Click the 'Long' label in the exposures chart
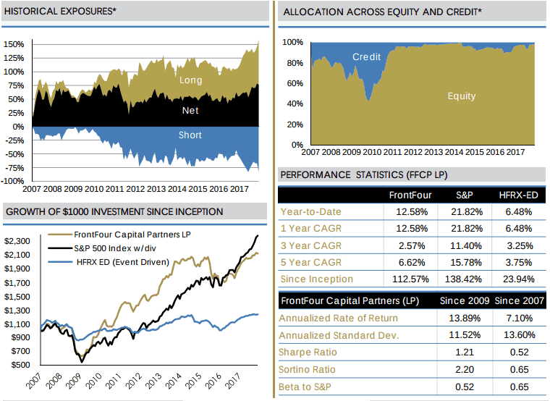click(x=190, y=80)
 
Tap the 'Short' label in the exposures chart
click(x=190, y=135)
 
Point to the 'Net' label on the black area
click(x=190, y=111)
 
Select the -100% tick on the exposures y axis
click(x=14, y=180)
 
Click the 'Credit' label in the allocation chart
click(x=366, y=57)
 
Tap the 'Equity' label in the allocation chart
click(x=462, y=96)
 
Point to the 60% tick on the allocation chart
click(x=292, y=83)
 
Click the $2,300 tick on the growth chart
click(x=17, y=241)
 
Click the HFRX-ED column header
click(x=519, y=195)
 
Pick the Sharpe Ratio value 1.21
click(x=464, y=353)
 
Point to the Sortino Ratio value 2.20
click(x=464, y=370)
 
